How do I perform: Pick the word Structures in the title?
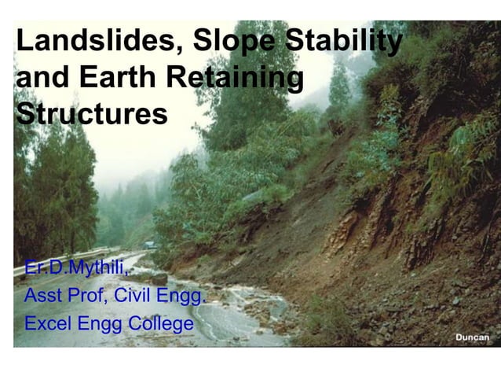point(91,114)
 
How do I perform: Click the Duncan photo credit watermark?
point(472,337)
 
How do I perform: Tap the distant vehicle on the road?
point(149,245)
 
